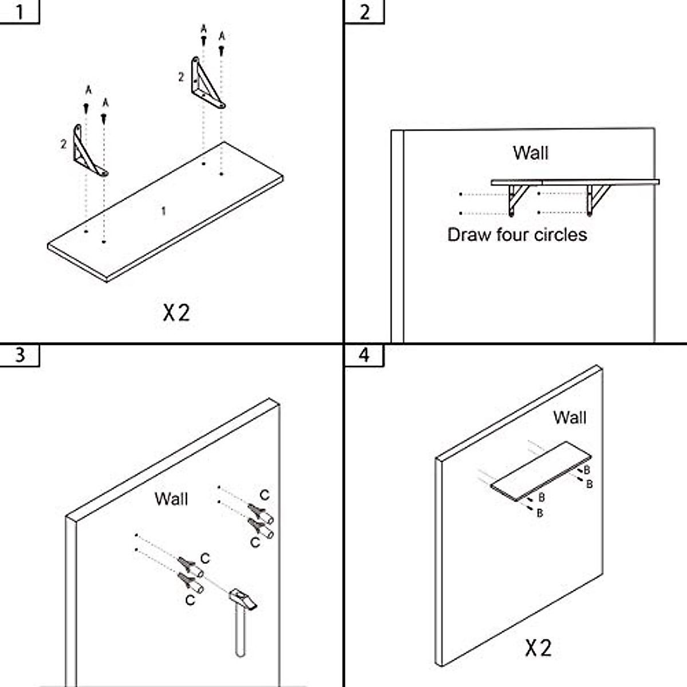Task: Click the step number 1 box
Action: (19, 12)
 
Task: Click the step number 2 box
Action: (364, 12)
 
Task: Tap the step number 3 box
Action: (19, 355)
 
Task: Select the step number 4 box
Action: (364, 355)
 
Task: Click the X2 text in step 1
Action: (176, 313)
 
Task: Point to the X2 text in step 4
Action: (538, 647)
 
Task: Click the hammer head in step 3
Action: (243, 599)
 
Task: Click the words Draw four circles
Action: (517, 235)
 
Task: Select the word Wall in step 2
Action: (531, 153)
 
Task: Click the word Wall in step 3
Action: (171, 499)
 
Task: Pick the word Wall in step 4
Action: (570, 417)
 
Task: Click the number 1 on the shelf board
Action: (164, 211)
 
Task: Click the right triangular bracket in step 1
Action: (208, 82)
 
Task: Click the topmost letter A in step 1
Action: (204, 29)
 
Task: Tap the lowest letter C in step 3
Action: (190, 601)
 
